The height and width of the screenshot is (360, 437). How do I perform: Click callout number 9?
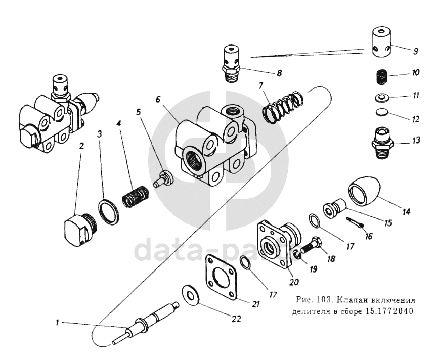point(415,51)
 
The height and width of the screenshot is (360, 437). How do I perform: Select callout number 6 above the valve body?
point(158,100)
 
